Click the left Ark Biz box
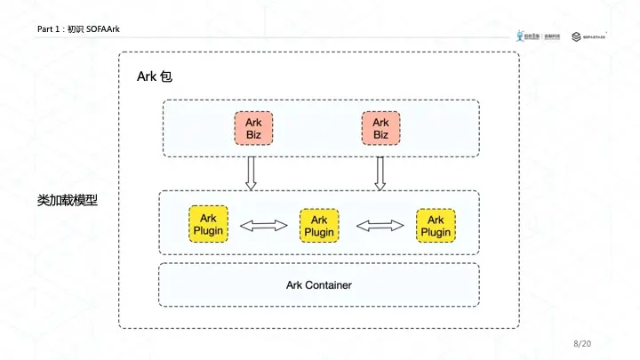click(x=253, y=128)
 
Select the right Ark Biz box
click(x=380, y=128)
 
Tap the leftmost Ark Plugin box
click(x=208, y=225)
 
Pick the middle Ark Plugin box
click(x=319, y=226)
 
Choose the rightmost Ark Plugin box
click(x=436, y=225)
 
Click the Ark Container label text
click(x=318, y=285)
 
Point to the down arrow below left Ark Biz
click(x=251, y=172)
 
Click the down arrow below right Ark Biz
click(x=380, y=172)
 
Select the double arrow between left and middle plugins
click(x=264, y=226)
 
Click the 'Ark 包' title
click(x=154, y=76)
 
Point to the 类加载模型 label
click(x=67, y=201)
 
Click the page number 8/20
click(x=582, y=343)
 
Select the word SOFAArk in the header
click(x=103, y=30)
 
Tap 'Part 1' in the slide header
click(x=50, y=30)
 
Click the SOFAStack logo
click(x=593, y=36)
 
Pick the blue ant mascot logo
click(x=520, y=36)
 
